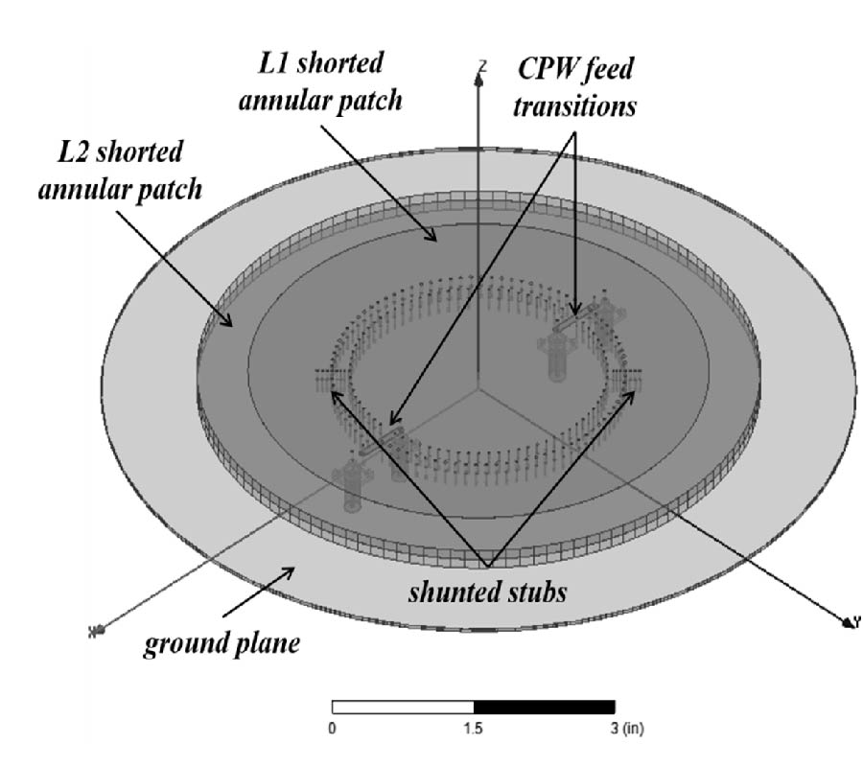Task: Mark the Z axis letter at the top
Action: pos(483,65)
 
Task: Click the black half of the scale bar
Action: pos(544,708)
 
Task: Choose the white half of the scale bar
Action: pos(403,708)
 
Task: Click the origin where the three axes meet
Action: pos(477,390)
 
